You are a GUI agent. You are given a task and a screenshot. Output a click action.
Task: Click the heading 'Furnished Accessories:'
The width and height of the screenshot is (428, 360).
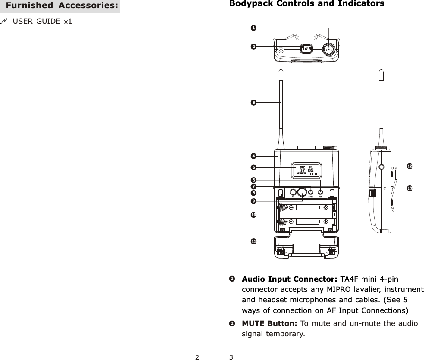(x=62, y=6)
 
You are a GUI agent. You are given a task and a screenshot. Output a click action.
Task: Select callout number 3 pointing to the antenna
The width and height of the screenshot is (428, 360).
(x=254, y=102)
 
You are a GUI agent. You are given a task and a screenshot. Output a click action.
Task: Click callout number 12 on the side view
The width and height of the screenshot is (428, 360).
(x=409, y=166)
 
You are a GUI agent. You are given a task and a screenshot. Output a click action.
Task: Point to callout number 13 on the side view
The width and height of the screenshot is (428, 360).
(x=409, y=188)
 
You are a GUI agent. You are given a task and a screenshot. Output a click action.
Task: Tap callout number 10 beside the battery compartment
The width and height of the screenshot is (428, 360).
(x=254, y=214)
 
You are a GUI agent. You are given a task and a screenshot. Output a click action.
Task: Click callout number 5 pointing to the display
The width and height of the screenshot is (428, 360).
(x=254, y=167)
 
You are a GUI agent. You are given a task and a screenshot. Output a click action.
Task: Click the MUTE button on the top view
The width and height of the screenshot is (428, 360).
(x=306, y=49)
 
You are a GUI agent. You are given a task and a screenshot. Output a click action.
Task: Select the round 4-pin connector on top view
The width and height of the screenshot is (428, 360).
(x=329, y=50)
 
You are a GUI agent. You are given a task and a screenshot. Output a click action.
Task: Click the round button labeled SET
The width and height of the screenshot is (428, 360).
(x=320, y=192)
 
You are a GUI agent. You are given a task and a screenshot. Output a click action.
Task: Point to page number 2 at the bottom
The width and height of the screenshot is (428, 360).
(x=197, y=357)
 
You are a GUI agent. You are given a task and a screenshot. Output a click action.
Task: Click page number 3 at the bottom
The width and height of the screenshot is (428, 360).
(x=231, y=357)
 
